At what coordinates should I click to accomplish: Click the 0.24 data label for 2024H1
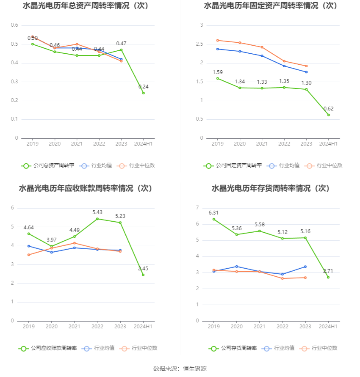(144, 87)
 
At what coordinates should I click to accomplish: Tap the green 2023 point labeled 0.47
(121, 50)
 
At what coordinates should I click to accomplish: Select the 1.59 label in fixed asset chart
(218, 72)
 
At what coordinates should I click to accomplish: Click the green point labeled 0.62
(329, 115)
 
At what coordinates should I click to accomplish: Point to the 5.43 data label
(97, 212)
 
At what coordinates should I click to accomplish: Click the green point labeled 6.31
(214, 219)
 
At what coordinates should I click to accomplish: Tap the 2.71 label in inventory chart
(328, 271)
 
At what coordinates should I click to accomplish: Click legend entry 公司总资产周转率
(47, 165)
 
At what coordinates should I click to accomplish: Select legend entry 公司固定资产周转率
(233, 165)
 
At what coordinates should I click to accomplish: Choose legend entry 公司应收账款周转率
(47, 348)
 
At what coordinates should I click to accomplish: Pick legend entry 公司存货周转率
(233, 348)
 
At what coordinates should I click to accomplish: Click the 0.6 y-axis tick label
(14, 25)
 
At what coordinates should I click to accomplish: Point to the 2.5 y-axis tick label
(199, 44)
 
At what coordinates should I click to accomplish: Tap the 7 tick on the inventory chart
(197, 207)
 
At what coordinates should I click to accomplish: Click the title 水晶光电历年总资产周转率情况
(76, 6)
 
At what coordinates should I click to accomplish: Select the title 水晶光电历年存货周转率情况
(261, 188)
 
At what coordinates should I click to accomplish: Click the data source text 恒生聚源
(195, 369)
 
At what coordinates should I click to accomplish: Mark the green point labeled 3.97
(52, 246)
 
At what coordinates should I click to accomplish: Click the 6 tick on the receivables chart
(12, 208)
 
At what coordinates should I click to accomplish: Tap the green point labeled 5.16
(305, 238)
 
